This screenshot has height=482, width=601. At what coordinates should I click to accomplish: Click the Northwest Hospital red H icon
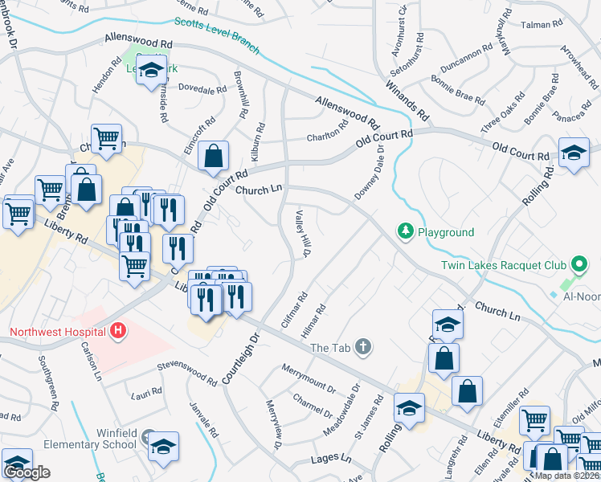tap(119, 330)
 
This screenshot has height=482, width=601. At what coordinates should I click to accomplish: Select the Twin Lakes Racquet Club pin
tap(577, 264)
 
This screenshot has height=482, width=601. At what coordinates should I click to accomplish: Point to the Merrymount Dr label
tap(309, 378)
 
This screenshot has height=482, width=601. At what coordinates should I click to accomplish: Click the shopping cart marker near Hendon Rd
tap(106, 140)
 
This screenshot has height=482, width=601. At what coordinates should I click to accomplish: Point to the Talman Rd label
tap(539, 25)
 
